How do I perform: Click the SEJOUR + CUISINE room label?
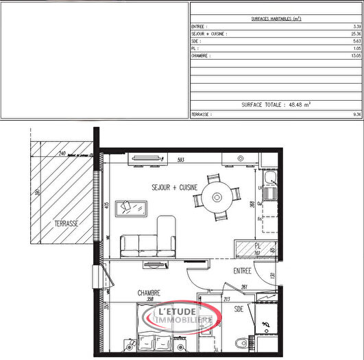point(175,187)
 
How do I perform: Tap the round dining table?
point(217,197)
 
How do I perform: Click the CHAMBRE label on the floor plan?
point(149,292)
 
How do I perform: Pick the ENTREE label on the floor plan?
point(243,271)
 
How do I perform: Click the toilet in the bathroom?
point(239,344)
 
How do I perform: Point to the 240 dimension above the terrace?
point(61,154)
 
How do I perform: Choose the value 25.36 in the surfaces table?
point(355,33)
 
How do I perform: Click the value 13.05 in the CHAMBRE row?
point(355,55)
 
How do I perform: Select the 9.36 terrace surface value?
point(356,115)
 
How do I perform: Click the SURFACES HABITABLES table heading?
point(276,19)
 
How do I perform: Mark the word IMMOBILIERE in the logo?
point(183,320)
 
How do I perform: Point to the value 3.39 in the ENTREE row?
point(356,26)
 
